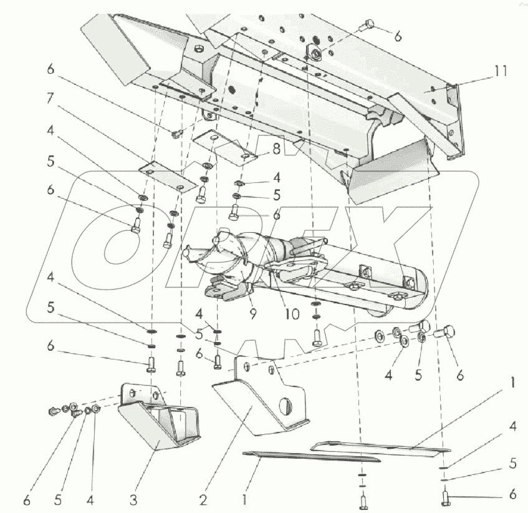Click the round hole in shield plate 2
tap(286, 406)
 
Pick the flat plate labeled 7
tap(163, 177)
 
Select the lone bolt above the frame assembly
tap(368, 26)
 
